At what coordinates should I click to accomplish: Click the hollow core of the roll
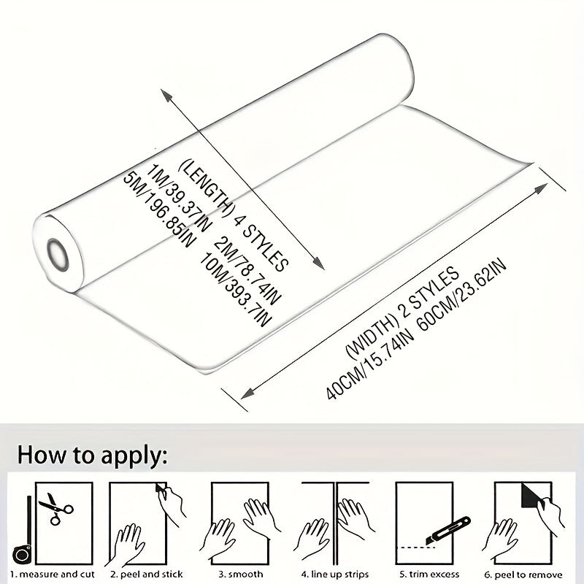tap(58, 255)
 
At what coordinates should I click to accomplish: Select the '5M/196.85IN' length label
tap(158, 210)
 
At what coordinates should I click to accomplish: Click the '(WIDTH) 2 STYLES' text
tap(403, 313)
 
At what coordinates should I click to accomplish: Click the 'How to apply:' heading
tap(92, 455)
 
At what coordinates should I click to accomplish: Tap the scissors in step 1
tap(56, 508)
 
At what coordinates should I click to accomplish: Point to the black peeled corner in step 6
tap(532, 496)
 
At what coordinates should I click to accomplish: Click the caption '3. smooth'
tap(241, 574)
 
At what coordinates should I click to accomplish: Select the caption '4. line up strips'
tap(335, 574)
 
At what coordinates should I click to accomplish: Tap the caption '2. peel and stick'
tap(147, 574)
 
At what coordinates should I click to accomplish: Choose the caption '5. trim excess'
tap(429, 574)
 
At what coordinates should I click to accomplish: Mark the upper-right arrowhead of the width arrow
tap(540, 188)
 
